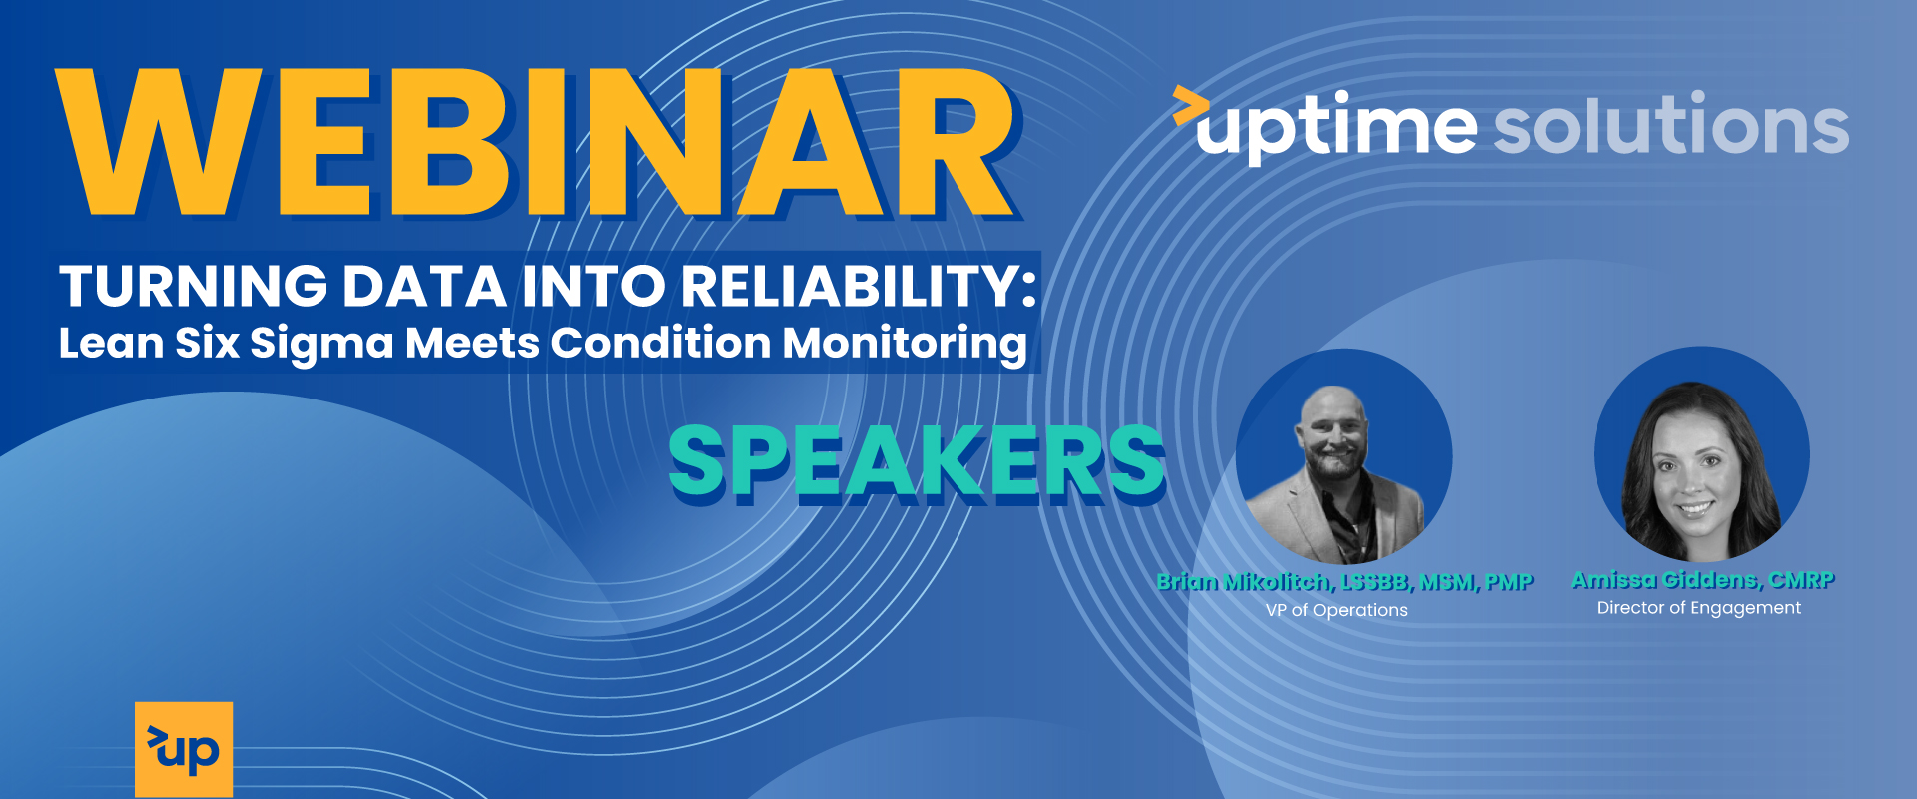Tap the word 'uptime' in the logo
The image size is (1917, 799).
point(1336,127)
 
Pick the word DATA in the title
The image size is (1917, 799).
point(425,286)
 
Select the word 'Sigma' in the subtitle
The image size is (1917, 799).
point(321,344)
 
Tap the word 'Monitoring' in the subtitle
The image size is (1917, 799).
point(905,344)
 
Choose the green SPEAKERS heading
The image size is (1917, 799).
point(917,461)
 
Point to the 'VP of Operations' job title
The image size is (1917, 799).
point(1337,610)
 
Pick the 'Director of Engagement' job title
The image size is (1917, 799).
point(1699,608)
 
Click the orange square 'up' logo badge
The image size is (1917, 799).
point(184,749)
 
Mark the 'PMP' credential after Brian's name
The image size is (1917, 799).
point(1509,582)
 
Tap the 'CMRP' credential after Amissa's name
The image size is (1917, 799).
point(1802,580)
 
